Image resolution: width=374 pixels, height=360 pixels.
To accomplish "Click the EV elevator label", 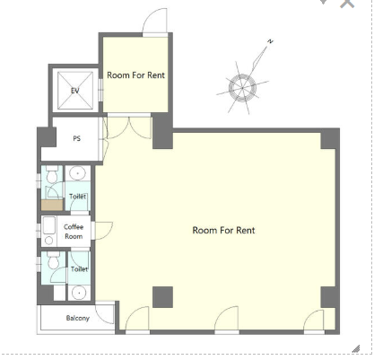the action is pos(75,91).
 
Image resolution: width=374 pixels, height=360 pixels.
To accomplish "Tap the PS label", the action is pos(77,138).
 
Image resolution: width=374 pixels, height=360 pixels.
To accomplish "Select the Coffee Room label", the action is pos(74,232).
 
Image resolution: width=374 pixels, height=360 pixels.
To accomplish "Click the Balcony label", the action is pos(78,318).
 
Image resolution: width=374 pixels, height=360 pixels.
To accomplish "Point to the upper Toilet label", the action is pos(78,197).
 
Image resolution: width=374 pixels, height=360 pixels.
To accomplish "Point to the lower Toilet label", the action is pos(79,269).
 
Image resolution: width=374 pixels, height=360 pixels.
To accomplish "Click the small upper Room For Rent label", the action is pos(135,75).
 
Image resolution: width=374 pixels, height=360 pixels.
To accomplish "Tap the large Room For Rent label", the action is pos(223,230).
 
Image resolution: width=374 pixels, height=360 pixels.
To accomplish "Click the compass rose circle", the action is pos(242,88).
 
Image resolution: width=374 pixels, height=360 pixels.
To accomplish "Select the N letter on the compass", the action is pos(270,41).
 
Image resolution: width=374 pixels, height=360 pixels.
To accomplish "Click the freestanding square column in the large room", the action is pos(162,297).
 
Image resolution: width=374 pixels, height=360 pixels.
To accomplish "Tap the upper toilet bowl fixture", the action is pos(52,174).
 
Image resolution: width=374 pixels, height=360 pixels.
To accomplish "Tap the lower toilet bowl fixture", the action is pos(54,260).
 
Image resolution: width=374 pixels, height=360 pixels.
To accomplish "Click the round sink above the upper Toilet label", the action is pos(78,173).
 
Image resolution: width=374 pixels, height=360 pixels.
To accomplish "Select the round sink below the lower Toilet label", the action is pos(79,293).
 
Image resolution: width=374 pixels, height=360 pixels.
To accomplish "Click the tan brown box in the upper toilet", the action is pos(52,206).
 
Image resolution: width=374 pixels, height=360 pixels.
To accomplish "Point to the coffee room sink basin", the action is pos(49,225).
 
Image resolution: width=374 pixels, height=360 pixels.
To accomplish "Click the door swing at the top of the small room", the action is pos(154,21).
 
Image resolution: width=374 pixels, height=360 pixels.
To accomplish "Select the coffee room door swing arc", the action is pos(104,231).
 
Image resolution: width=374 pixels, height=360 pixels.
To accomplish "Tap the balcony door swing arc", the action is pos(105,314).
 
